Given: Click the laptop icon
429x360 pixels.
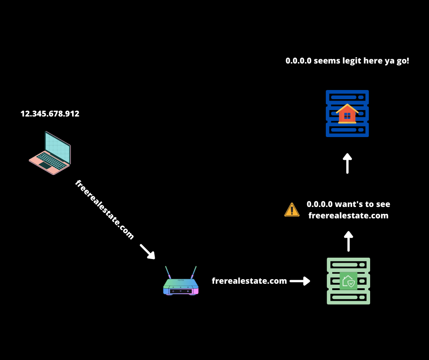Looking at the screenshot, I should click(50, 153).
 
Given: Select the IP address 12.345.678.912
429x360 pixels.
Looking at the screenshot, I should click(50, 114).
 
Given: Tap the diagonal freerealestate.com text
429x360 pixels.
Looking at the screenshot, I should click(105, 210).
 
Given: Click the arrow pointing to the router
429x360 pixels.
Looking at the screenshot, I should click(147, 251).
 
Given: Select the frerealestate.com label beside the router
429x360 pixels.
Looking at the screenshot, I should click(249, 281).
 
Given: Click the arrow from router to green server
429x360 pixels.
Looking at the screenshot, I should click(300, 281).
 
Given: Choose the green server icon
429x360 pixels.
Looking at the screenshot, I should click(348, 281).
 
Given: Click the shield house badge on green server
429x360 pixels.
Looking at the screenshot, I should click(348, 281).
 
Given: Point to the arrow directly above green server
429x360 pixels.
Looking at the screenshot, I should click(348, 241).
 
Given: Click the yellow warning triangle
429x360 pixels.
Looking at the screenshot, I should click(292, 210).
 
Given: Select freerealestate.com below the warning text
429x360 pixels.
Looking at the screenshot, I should click(348, 216).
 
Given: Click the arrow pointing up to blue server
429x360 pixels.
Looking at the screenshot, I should click(347, 163).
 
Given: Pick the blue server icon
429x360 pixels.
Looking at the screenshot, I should click(347, 113).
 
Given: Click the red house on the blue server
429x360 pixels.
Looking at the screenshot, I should click(347, 114).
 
